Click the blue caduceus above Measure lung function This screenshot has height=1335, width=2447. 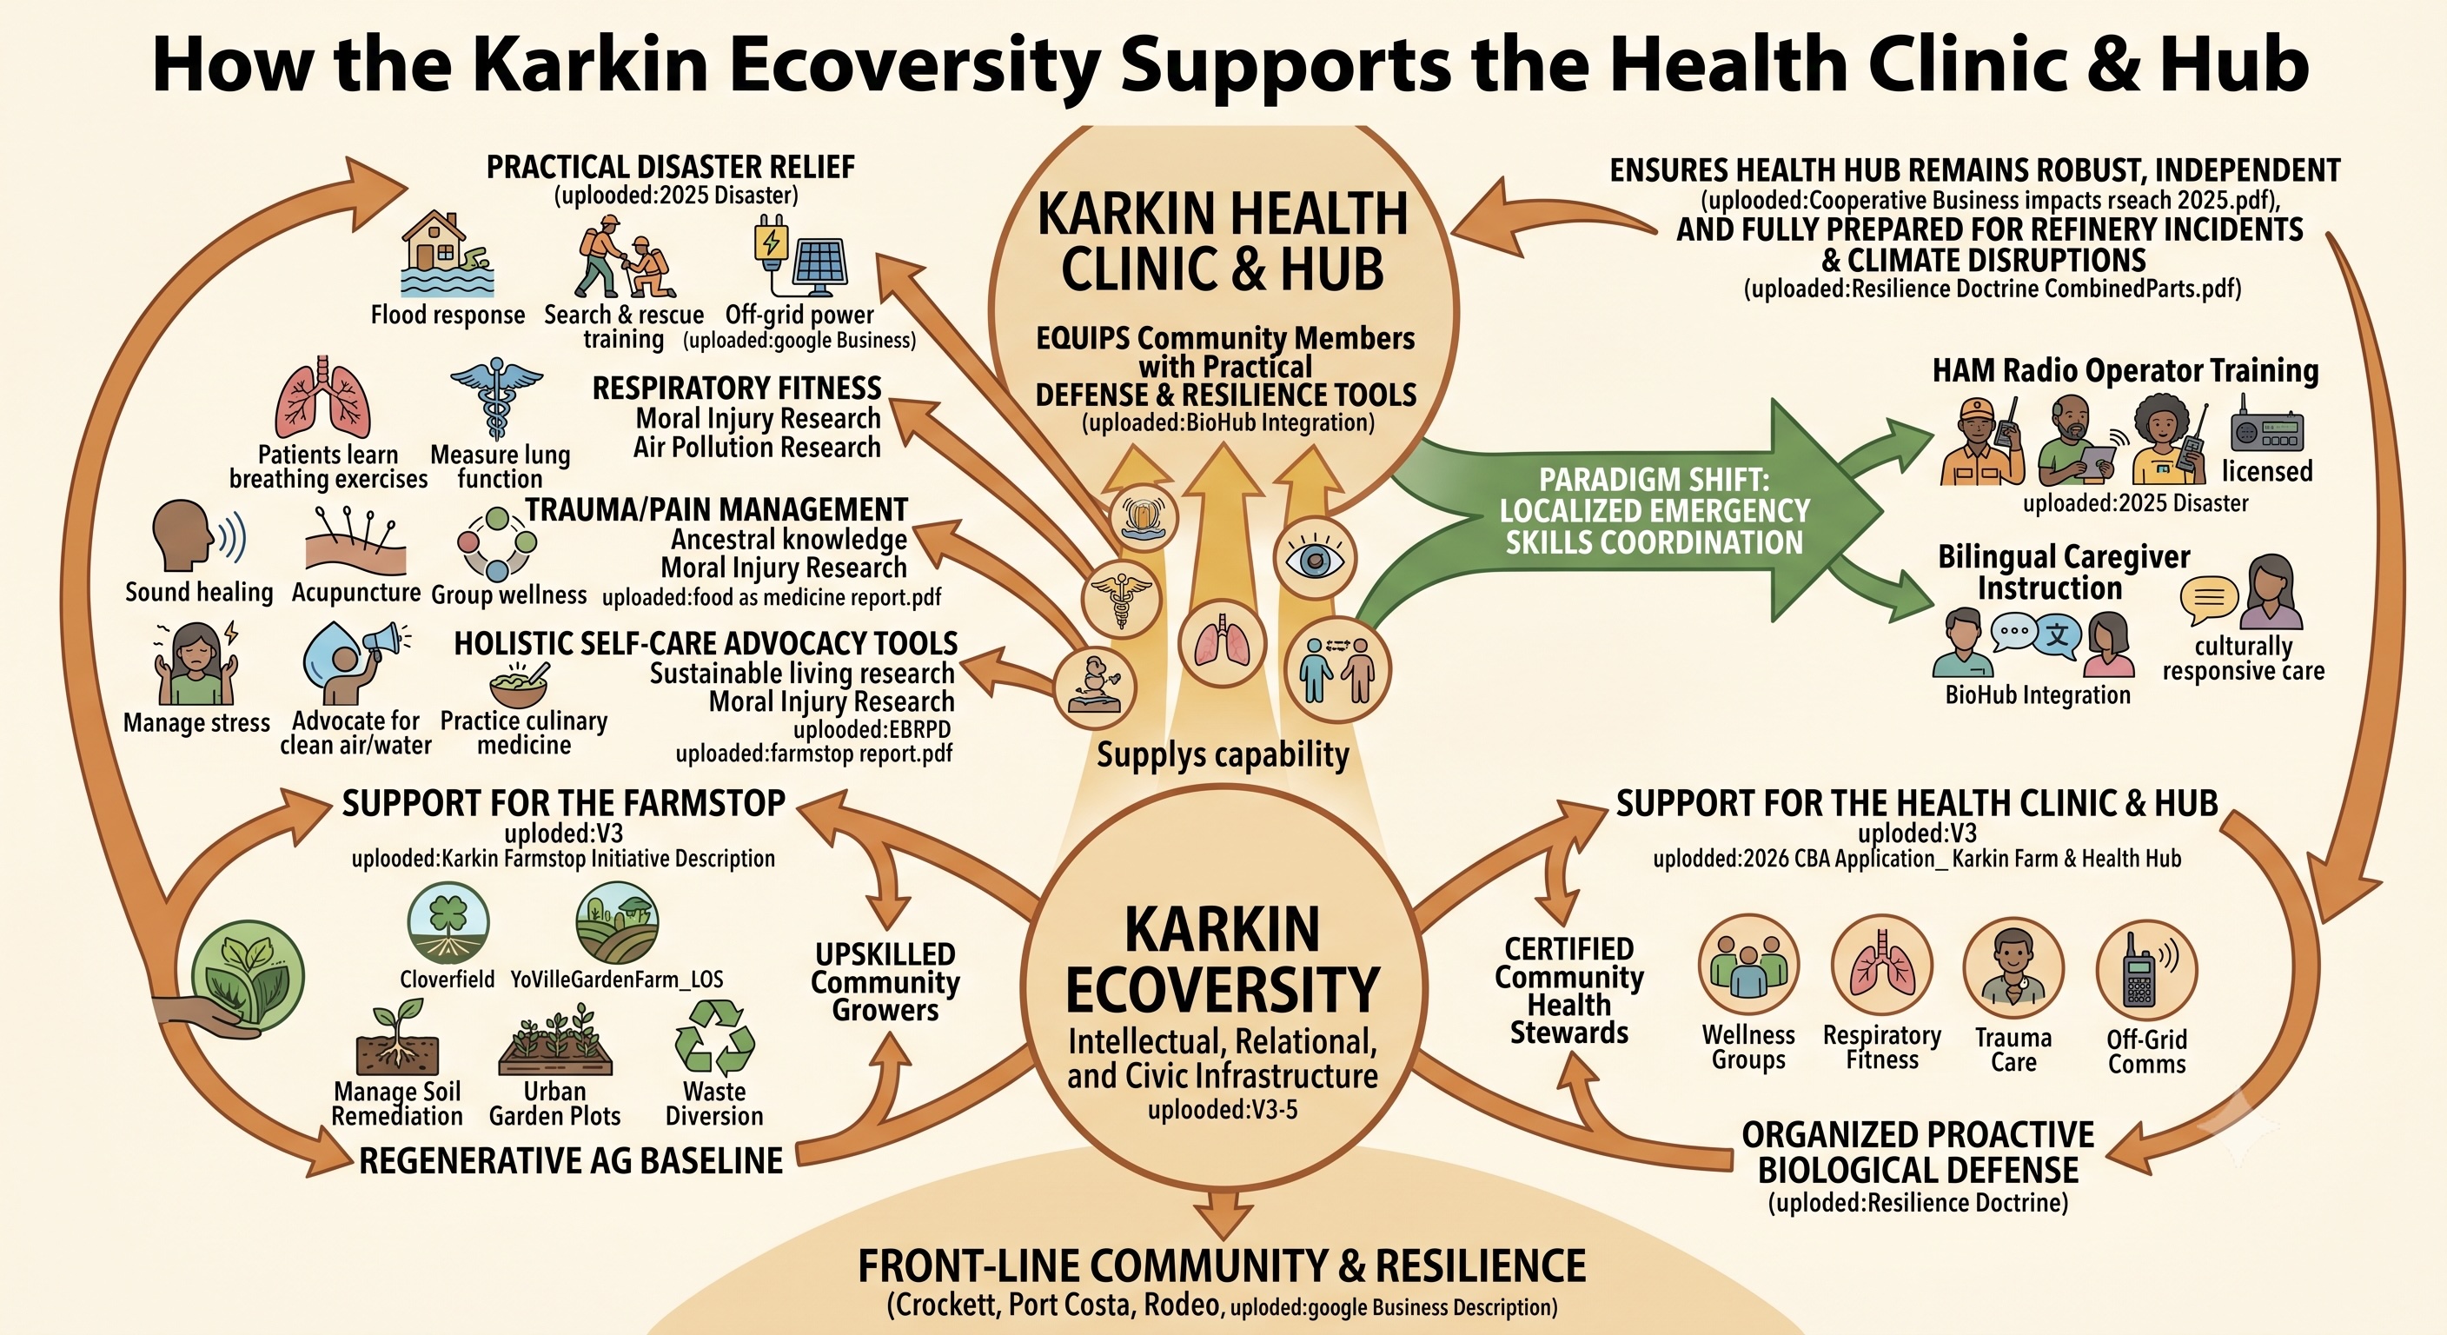click(x=496, y=398)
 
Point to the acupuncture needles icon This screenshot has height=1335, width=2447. click(x=357, y=541)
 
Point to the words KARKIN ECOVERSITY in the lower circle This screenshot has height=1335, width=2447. click(x=1223, y=960)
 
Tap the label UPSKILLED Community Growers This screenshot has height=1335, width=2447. click(x=885, y=981)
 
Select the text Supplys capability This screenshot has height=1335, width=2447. click(x=1223, y=754)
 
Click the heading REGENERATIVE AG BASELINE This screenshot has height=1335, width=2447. click(x=571, y=1160)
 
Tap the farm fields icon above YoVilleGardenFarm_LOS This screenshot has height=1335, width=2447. click(x=618, y=921)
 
